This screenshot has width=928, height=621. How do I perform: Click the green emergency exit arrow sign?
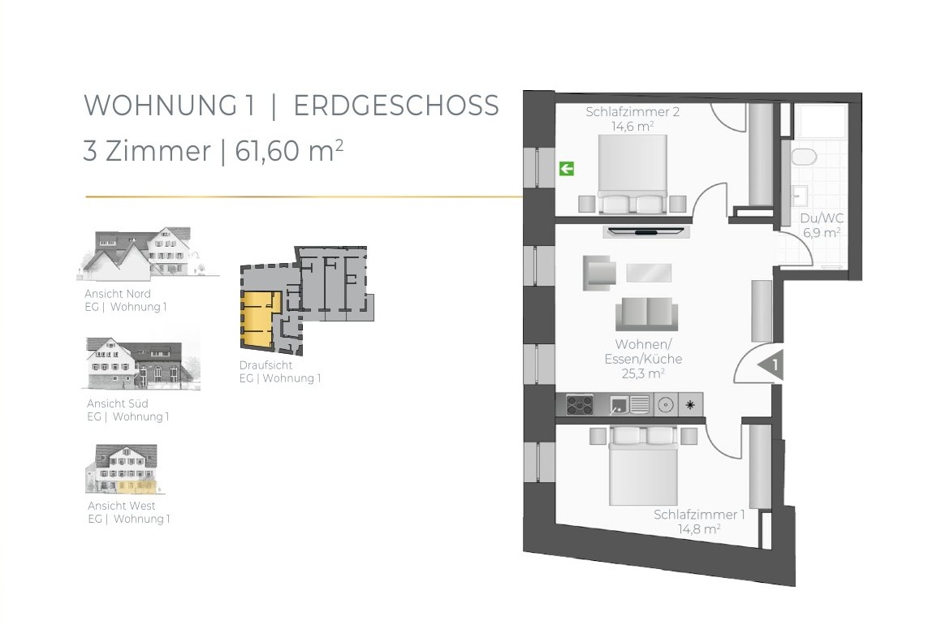(x=567, y=169)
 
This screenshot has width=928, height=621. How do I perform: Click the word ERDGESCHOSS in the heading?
(x=396, y=106)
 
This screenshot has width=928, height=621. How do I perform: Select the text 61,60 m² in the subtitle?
(x=289, y=150)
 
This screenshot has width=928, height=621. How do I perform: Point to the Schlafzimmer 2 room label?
(x=632, y=111)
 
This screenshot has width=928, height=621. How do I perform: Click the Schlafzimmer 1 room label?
(x=699, y=515)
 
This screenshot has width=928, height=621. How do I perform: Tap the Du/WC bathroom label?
(x=822, y=218)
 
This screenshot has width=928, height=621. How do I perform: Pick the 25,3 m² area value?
(x=643, y=373)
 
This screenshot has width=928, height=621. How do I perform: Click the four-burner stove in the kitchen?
(x=580, y=405)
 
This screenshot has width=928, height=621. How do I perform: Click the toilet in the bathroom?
(x=804, y=157)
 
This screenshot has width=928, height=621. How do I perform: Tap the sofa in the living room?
(x=646, y=314)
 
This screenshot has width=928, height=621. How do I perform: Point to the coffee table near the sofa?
(x=649, y=273)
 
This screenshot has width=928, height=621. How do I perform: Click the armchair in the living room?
(x=598, y=273)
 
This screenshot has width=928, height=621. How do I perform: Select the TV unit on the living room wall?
(x=645, y=231)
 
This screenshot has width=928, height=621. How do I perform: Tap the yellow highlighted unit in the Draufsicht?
(x=259, y=321)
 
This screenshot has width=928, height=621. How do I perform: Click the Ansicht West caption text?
(x=121, y=506)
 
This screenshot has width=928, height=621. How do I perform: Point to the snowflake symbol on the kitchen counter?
(x=690, y=405)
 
